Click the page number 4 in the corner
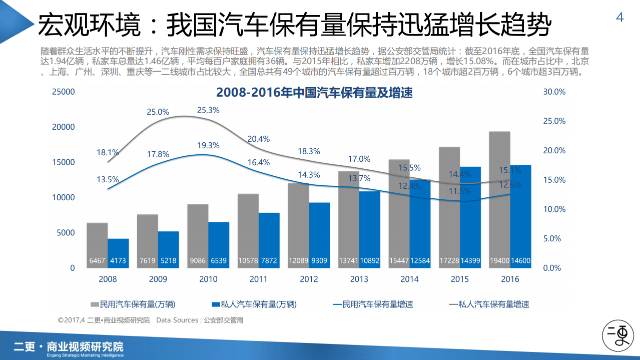[620, 18]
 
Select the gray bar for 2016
[499, 200]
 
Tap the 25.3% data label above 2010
[208, 110]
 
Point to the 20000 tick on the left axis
[64, 127]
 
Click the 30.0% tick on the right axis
[554, 92]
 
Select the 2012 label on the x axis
[309, 279]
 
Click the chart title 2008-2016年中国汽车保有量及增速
[314, 93]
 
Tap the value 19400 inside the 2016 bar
[500, 261]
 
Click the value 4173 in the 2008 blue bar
[119, 261]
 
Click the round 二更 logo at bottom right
[616, 335]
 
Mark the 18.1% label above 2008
[108, 153]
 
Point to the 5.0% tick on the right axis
[554, 239]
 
